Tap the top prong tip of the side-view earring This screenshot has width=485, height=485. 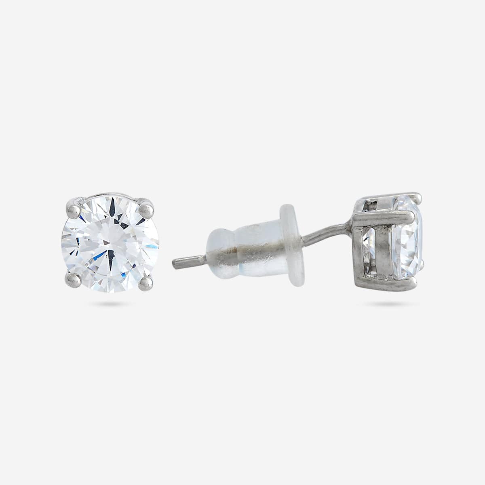point(418,197)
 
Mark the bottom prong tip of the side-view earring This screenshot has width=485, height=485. point(420,264)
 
